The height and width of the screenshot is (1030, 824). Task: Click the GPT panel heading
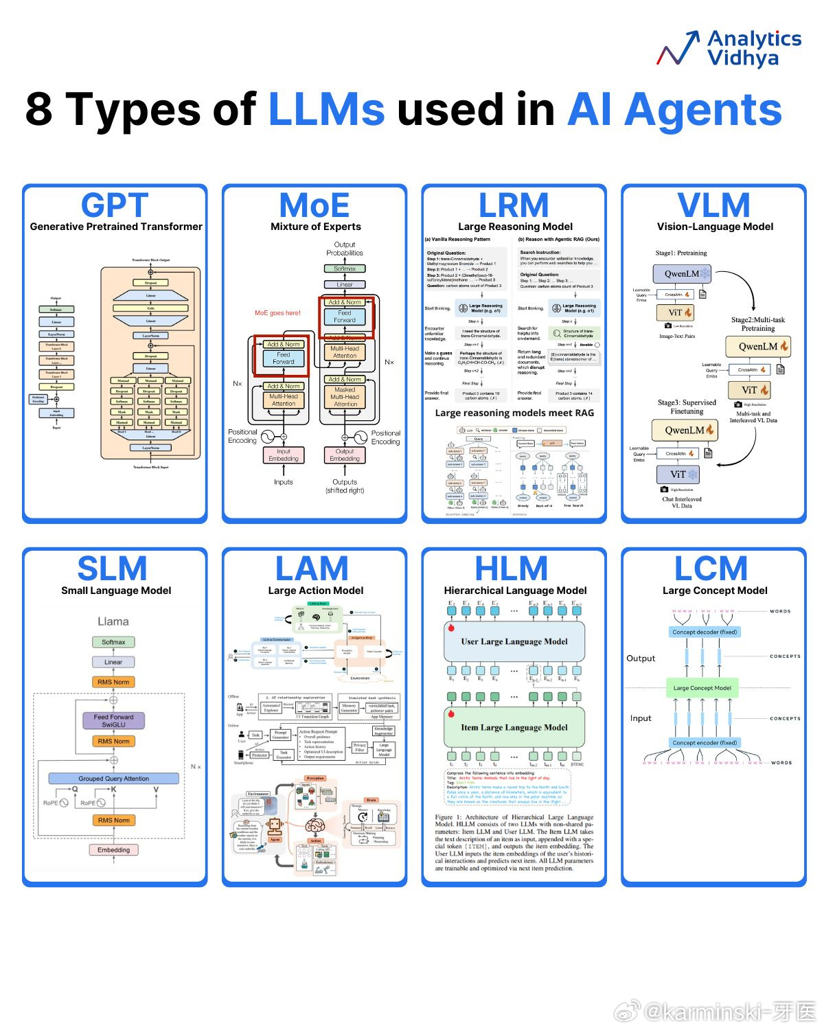(115, 205)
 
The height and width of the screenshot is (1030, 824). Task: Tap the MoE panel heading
(314, 205)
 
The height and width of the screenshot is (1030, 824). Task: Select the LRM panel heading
(514, 205)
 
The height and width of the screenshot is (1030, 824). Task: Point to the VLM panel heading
(713, 205)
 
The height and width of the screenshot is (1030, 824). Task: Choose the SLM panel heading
(113, 569)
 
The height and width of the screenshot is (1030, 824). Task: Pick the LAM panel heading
(312, 569)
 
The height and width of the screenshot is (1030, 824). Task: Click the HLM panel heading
(512, 569)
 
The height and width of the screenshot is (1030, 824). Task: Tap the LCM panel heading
(711, 569)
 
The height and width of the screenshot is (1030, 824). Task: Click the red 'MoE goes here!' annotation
(277, 313)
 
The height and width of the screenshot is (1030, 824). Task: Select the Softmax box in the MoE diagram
(345, 268)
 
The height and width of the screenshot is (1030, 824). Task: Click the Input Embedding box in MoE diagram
(284, 455)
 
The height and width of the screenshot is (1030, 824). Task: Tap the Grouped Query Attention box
(114, 779)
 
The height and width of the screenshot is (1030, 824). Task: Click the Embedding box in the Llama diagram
(114, 850)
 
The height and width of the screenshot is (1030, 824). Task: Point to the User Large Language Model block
(514, 642)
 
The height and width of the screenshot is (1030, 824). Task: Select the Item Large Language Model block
(514, 728)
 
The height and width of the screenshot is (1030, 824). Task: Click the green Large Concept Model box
(702, 688)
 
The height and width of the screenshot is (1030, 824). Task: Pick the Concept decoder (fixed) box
(705, 632)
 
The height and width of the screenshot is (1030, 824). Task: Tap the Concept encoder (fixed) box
(705, 742)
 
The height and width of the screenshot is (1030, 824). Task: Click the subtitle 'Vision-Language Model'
(715, 227)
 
